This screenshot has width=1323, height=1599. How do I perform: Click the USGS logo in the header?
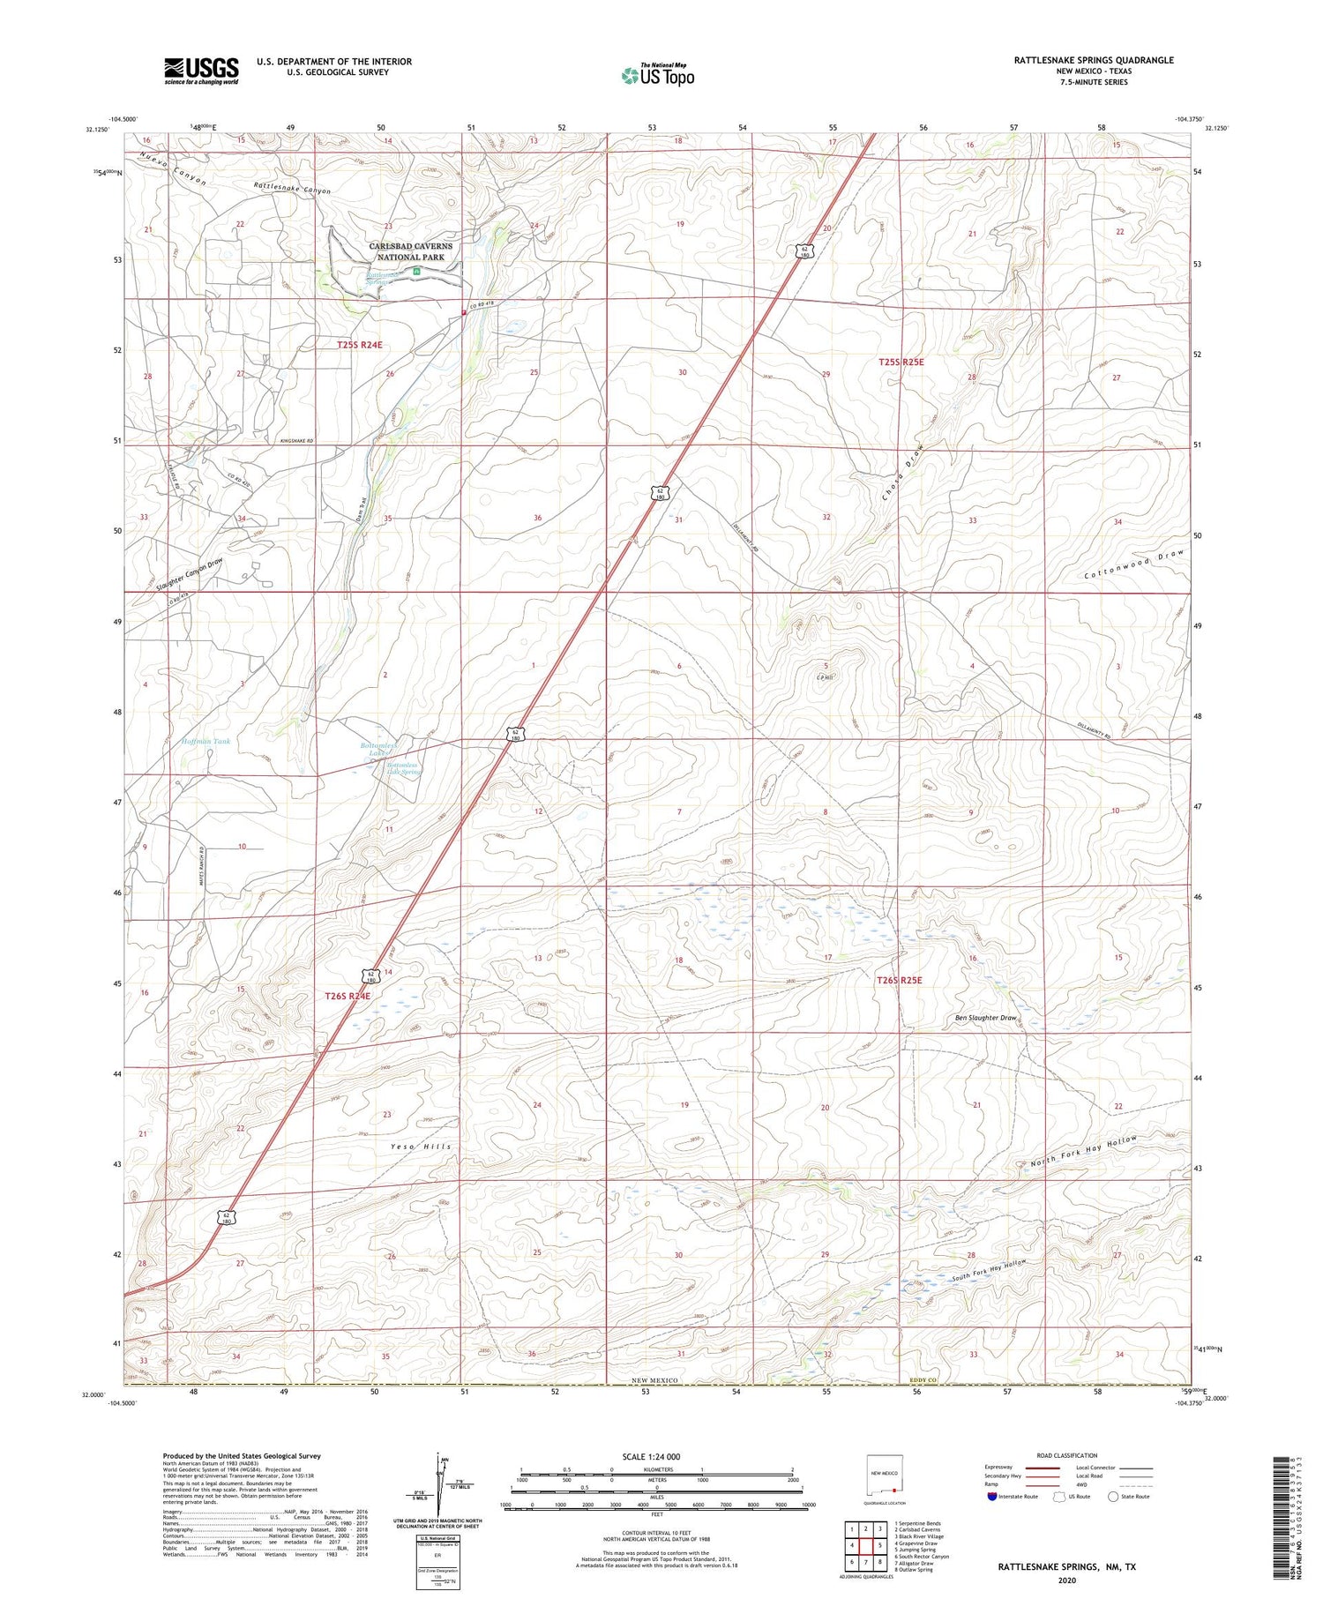201,71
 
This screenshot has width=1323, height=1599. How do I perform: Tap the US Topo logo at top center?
657,76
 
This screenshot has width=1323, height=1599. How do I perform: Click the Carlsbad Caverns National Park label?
410,251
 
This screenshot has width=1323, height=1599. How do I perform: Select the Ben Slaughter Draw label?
985,1018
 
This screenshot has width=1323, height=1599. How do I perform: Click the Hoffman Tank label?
206,742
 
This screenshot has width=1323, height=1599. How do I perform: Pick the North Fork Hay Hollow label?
1083,1152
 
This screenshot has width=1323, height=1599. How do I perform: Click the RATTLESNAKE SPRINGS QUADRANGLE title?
1093,60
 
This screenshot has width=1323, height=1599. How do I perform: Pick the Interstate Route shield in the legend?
992,1497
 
